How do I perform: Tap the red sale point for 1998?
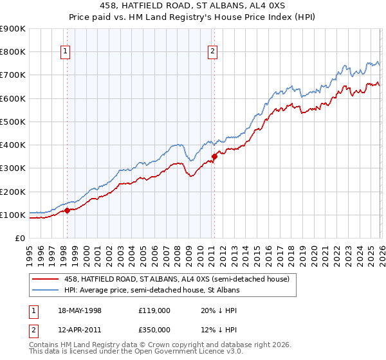67,210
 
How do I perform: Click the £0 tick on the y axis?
19,238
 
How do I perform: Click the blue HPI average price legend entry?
152,290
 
